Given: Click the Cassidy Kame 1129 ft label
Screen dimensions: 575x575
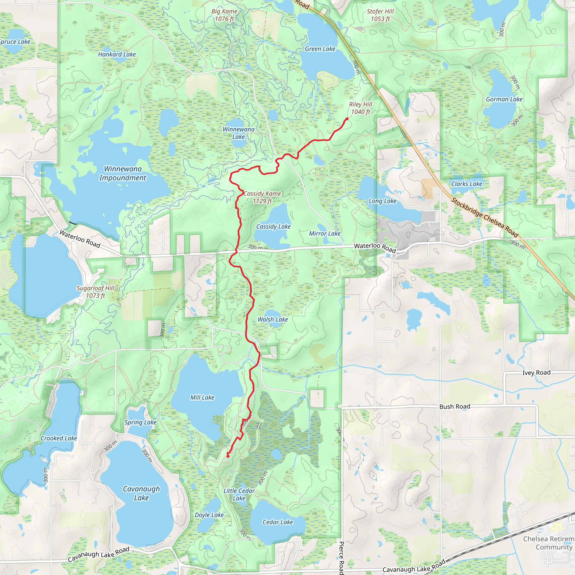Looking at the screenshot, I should (262, 197).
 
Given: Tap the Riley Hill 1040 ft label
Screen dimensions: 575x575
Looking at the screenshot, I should (360, 108).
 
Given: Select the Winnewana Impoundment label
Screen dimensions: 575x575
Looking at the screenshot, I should (123, 173).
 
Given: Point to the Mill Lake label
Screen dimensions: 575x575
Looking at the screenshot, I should (202, 397).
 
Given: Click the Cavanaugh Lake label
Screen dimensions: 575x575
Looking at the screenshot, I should (142, 493).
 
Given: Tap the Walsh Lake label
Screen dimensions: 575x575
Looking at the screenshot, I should (273, 319).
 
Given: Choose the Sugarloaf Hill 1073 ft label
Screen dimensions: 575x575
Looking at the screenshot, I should (95, 292).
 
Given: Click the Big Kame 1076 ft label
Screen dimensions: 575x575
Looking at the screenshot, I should (224, 15).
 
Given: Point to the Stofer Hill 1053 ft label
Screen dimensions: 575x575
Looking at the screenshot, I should (380, 15).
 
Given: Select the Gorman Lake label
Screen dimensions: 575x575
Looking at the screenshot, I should (504, 99).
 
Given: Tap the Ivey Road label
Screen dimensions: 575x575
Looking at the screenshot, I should (536, 373).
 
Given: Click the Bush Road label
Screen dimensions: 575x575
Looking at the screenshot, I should (455, 407).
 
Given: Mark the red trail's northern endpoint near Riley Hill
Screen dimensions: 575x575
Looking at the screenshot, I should (347, 119).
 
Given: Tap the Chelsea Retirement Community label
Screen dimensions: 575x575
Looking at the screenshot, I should (548, 543).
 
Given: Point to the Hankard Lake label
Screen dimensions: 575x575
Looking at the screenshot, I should (117, 54).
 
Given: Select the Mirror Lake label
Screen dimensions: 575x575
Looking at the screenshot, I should (325, 234).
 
